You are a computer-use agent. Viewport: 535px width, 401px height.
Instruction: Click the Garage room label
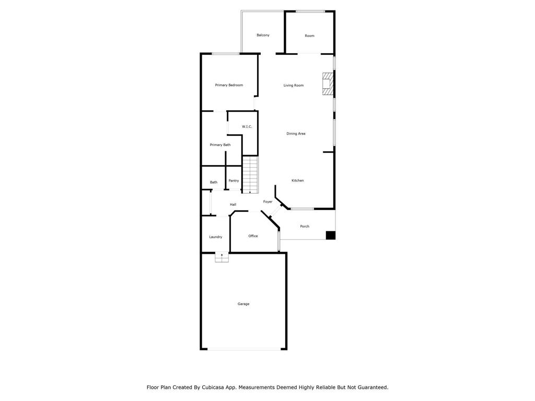243,304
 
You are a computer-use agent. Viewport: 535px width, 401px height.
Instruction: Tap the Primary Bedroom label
229,85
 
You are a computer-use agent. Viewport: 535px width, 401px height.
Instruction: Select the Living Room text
294,85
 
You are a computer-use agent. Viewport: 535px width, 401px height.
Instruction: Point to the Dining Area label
296,134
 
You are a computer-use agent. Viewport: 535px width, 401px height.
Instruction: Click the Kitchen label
297,180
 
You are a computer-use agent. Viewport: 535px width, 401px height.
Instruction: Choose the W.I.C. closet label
247,126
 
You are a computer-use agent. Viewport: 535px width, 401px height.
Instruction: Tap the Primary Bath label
220,145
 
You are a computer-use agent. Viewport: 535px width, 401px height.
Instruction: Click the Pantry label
234,181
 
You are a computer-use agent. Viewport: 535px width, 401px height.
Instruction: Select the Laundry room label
216,237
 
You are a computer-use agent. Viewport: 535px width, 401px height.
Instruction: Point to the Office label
253,236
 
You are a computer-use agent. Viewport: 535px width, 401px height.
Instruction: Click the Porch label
305,227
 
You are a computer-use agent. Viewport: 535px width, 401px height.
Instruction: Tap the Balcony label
263,35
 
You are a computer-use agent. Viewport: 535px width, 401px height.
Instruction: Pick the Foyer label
268,202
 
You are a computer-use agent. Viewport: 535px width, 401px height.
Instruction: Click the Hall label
233,205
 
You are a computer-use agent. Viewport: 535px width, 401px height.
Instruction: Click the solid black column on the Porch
331,235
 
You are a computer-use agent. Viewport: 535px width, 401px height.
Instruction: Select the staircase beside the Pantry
250,174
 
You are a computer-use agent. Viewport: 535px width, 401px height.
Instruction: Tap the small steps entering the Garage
222,257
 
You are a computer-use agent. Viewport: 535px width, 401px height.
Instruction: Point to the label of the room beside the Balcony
309,36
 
